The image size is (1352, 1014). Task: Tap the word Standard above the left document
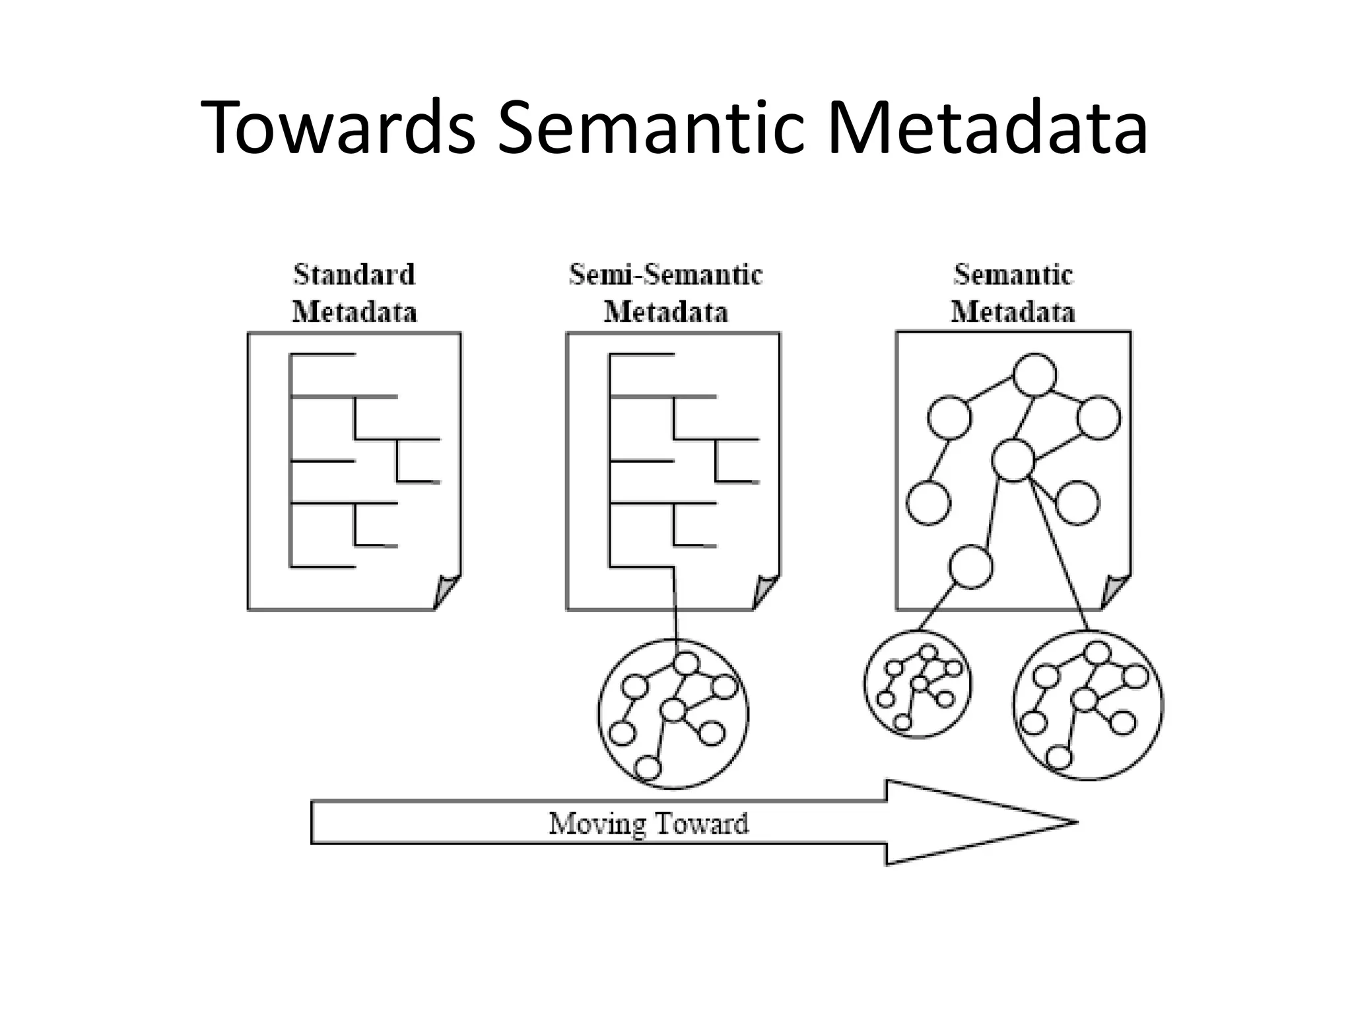click(355, 275)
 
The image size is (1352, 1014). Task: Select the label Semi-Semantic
click(665, 275)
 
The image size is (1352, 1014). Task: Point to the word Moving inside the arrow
click(597, 823)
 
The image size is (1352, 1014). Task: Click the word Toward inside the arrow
click(700, 823)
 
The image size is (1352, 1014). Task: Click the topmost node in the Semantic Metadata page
click(1034, 375)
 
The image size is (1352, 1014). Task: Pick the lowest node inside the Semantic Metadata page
click(970, 566)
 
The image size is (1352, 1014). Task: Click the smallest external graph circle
click(918, 683)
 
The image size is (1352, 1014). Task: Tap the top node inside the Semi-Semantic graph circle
click(687, 663)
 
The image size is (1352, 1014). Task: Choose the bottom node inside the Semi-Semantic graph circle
click(648, 768)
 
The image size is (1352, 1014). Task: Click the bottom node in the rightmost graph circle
click(1058, 757)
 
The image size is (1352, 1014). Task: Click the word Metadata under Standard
click(355, 312)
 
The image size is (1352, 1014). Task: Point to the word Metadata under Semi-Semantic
click(665, 312)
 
